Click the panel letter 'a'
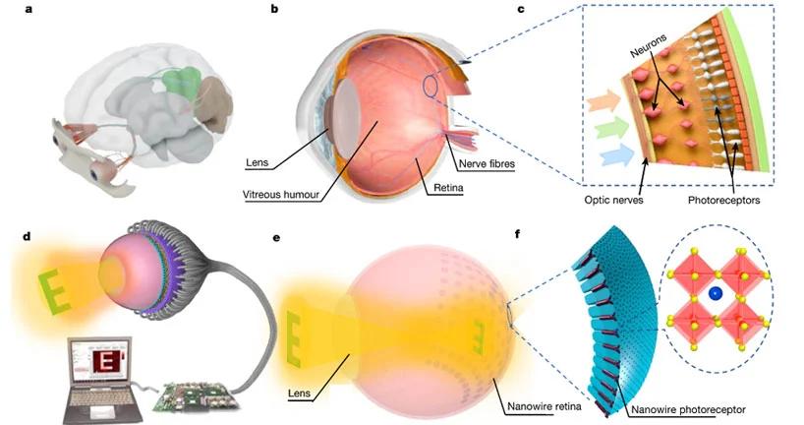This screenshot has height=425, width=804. coord(29,8)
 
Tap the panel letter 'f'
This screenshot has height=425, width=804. coord(517,235)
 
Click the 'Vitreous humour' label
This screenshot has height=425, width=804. coord(281,195)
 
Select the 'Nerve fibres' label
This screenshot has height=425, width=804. coord(487,164)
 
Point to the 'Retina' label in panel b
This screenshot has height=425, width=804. coord(448,188)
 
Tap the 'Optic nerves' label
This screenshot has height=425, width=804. coord(613,200)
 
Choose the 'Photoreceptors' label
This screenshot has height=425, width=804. coord(724,200)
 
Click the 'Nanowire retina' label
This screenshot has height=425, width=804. coord(545,406)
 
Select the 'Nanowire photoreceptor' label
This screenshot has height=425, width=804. coord(688,409)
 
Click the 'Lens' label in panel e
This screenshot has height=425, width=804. coord(299,394)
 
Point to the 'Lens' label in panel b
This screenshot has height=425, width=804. coord(257,163)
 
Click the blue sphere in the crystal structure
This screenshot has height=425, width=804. coord(715,293)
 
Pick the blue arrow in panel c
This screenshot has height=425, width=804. coord(617,154)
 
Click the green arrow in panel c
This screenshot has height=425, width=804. coord(610,128)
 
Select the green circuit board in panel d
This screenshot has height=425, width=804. coord(196,395)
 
